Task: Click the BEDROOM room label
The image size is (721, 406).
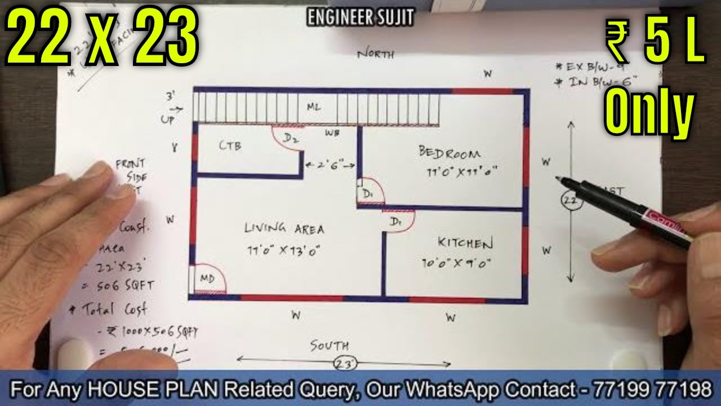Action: pyautogui.click(x=449, y=152)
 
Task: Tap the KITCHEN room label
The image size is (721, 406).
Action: pyautogui.click(x=465, y=243)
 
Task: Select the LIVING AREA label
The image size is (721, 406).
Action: pyautogui.click(x=284, y=228)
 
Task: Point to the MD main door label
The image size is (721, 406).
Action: pyautogui.click(x=206, y=279)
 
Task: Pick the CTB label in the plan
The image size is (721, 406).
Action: pyautogui.click(x=230, y=146)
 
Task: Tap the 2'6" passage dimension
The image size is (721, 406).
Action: pyautogui.click(x=330, y=165)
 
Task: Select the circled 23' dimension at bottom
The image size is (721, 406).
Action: pyautogui.click(x=345, y=364)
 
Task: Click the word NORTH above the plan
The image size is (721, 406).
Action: pyautogui.click(x=376, y=55)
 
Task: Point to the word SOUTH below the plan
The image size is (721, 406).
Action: pyautogui.click(x=330, y=346)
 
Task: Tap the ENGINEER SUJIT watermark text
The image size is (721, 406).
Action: pyautogui.click(x=360, y=17)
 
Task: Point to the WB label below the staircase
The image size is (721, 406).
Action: pyautogui.click(x=332, y=134)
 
